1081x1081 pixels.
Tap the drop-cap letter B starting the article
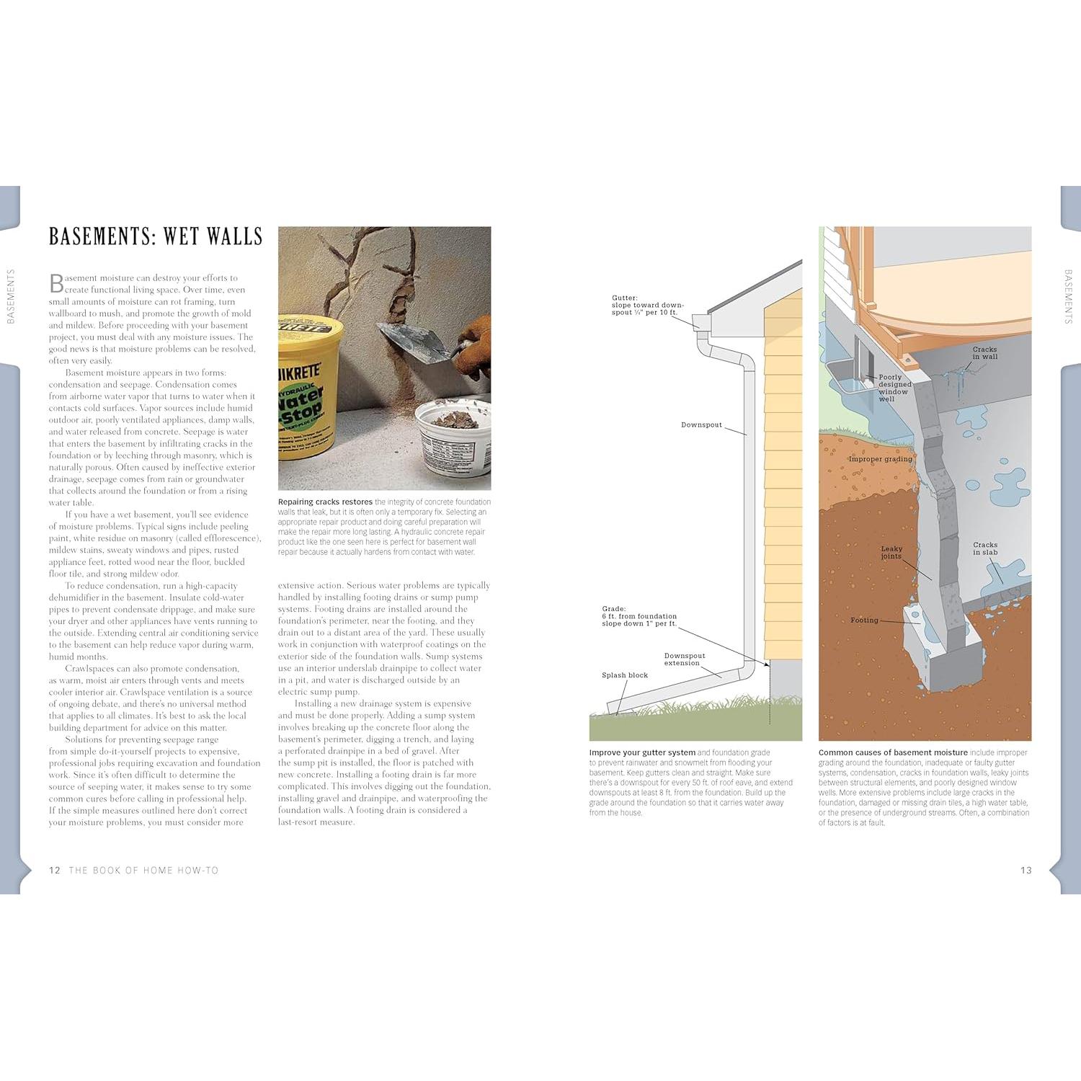point(56,283)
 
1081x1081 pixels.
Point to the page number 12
point(55,870)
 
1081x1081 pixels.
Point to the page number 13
point(1026,870)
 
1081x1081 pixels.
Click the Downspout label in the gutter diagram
point(701,425)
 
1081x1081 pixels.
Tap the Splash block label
point(625,675)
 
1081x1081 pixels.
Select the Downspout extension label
point(684,659)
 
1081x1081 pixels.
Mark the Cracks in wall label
point(984,353)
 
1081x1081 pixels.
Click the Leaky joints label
point(891,552)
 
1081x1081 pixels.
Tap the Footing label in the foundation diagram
point(864,620)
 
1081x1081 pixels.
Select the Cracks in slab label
point(985,548)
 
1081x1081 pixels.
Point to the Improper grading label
point(880,459)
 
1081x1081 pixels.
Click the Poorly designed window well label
point(894,388)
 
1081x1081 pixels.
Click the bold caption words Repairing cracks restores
point(325,502)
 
